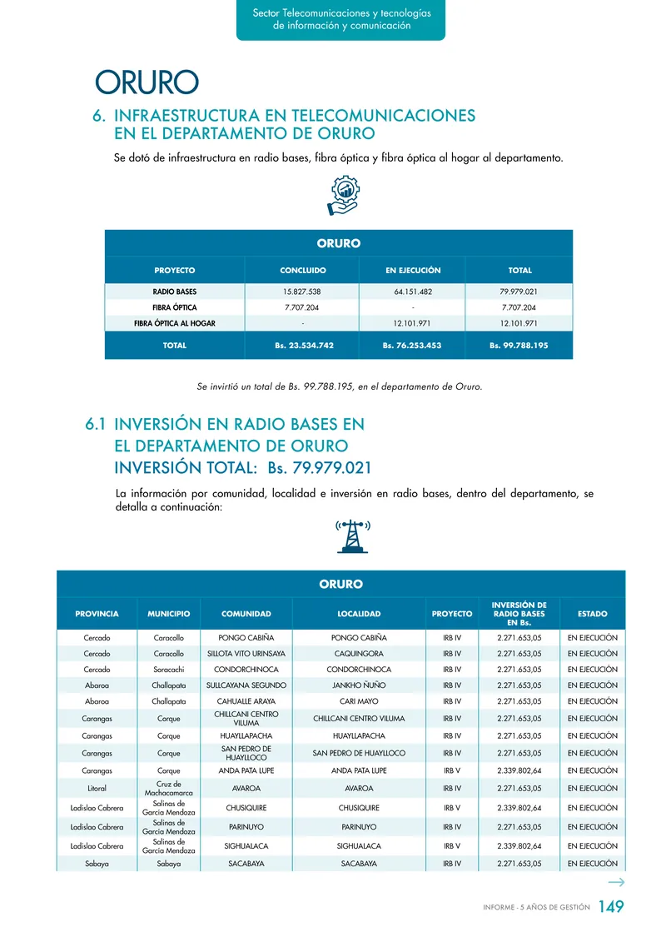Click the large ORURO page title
point(147,83)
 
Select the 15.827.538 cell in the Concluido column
point(302,292)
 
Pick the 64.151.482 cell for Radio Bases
point(412,292)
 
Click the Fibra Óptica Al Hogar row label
point(175,323)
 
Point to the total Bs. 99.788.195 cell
point(519,345)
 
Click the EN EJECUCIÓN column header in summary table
point(412,271)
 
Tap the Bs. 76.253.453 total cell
point(412,345)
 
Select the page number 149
point(610,907)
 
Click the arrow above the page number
point(616,883)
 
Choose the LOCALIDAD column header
point(359,614)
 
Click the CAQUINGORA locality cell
point(359,654)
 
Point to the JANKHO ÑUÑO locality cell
point(359,685)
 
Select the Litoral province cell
point(97,788)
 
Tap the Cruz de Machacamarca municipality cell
point(169,788)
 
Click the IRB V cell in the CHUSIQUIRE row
point(452,808)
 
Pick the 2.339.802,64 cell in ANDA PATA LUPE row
point(519,770)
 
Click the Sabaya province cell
point(97,864)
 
